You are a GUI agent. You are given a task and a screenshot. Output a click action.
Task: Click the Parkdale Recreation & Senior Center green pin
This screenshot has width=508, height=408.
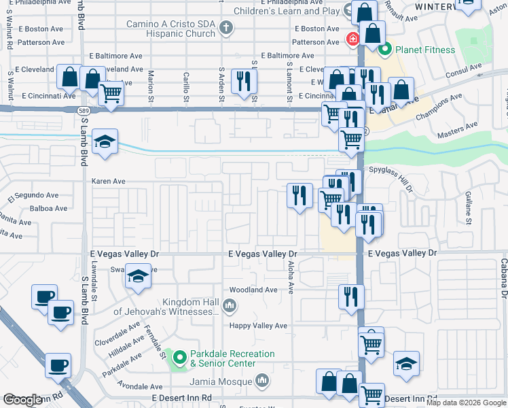[x=179, y=356]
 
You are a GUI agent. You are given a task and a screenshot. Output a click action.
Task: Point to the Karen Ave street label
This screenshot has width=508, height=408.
[x=109, y=182]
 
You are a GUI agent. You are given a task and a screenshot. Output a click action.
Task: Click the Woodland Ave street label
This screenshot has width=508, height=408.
[x=253, y=290]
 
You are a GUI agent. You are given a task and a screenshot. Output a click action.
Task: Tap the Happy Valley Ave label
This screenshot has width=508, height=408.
[x=258, y=326]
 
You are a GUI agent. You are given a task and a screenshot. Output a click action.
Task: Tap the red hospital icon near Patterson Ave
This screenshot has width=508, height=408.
[x=352, y=39]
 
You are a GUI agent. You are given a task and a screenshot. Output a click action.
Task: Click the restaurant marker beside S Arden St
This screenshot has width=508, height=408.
[x=242, y=81]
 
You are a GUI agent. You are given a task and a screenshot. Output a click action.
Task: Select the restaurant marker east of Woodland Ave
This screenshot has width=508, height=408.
[x=351, y=296]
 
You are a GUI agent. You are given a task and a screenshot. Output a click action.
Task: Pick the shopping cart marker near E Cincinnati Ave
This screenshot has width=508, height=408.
[x=110, y=92]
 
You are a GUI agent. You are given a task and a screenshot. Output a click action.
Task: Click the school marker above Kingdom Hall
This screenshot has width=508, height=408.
[x=138, y=276]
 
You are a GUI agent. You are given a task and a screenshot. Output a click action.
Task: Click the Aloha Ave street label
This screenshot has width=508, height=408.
[x=291, y=277]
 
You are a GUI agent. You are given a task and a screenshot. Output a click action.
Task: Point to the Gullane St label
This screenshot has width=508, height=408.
[x=468, y=207]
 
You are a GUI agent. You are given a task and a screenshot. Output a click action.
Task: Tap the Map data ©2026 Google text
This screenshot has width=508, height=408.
[x=466, y=403]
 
